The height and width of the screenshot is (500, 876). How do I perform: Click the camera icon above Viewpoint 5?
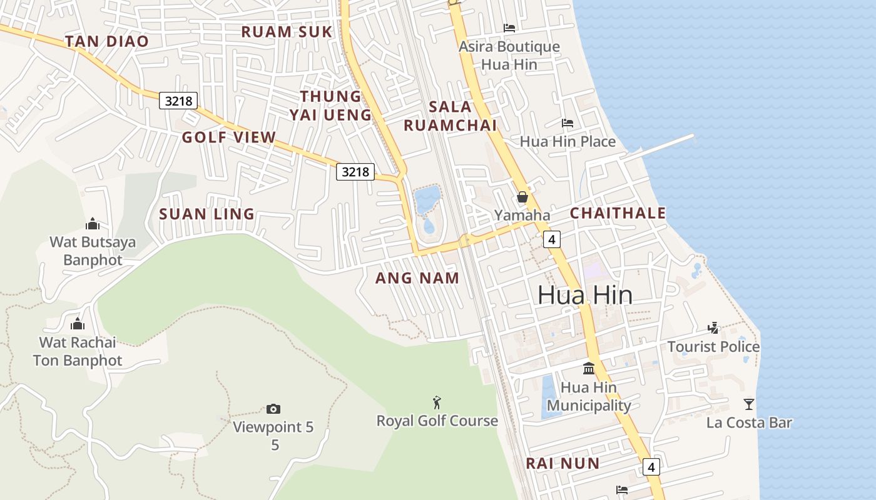click(x=273, y=409)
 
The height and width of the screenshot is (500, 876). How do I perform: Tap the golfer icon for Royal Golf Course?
click(x=437, y=402)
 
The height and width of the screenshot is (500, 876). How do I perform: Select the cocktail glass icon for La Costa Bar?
click(x=749, y=404)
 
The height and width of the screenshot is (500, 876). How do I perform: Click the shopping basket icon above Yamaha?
click(x=522, y=197)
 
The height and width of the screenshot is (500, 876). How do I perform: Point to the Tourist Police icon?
click(x=713, y=327)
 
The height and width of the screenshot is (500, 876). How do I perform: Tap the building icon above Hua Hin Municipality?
click(x=588, y=368)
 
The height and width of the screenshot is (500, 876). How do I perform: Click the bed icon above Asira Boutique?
click(x=509, y=27)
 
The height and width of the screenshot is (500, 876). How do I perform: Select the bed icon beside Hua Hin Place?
click(x=568, y=122)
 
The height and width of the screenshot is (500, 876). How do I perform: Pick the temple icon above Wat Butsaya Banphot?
click(x=93, y=223)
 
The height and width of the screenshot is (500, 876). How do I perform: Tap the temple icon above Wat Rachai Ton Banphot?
click(x=78, y=323)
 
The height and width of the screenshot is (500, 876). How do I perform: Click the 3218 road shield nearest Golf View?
click(x=178, y=100)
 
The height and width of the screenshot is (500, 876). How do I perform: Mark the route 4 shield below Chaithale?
click(x=551, y=239)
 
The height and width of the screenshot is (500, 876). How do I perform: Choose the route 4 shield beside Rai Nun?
click(x=651, y=466)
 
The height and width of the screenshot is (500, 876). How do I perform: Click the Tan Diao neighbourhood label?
click(x=107, y=42)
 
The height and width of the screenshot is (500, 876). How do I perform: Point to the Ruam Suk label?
click(x=287, y=32)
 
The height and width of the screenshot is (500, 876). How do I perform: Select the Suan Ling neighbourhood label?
click(x=206, y=214)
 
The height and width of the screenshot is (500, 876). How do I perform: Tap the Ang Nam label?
click(x=417, y=278)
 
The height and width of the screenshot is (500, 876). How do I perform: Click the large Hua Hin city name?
click(x=585, y=296)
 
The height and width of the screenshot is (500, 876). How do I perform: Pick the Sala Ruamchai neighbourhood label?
click(x=450, y=116)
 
